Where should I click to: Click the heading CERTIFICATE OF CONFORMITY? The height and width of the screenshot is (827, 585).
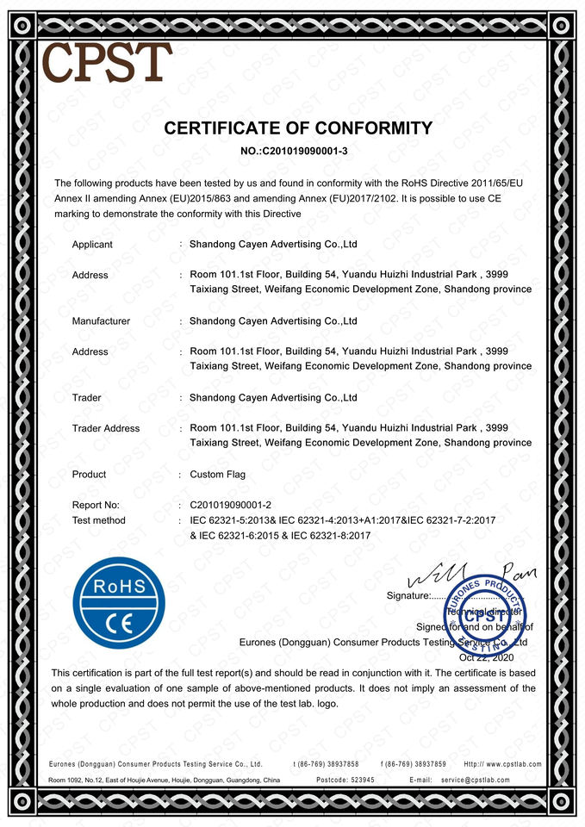298,129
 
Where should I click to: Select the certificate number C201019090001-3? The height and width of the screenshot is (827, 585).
310,152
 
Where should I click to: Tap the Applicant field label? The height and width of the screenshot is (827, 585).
92,245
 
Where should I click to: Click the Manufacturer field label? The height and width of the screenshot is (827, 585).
101,321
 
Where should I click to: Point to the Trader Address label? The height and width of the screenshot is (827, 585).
105,428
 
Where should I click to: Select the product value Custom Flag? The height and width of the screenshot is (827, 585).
217,475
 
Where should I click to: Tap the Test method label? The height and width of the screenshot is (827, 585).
98,520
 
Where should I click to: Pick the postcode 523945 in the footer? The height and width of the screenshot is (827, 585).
357,780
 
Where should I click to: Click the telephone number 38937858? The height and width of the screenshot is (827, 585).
338,764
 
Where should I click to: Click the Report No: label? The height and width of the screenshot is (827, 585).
96,505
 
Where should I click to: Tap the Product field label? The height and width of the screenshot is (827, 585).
89,475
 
